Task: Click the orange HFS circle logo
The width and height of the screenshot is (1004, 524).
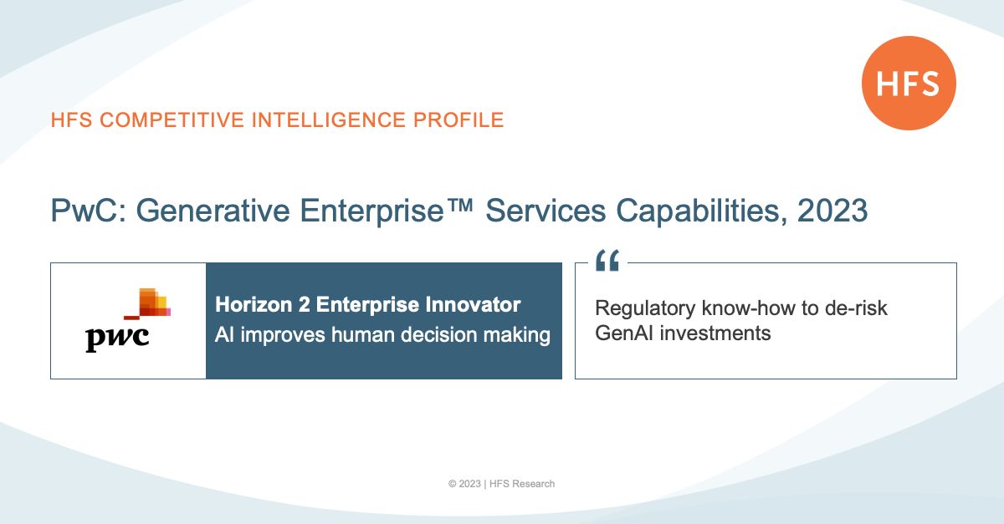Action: (x=909, y=84)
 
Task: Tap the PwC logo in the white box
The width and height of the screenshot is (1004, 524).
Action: (x=128, y=320)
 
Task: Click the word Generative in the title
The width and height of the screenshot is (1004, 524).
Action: (x=213, y=211)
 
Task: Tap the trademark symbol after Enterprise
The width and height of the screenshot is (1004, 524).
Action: (x=459, y=206)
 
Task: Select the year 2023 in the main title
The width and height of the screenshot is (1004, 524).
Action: (x=832, y=211)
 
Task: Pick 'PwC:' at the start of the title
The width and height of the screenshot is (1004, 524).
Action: (x=89, y=211)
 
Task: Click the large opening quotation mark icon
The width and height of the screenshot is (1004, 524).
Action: (x=607, y=260)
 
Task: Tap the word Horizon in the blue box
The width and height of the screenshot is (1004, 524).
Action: (x=254, y=304)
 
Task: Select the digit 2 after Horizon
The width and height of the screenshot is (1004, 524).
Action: (x=304, y=304)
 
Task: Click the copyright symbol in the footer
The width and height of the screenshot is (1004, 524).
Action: (x=453, y=484)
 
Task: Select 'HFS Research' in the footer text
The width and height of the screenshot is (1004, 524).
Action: (x=522, y=484)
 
